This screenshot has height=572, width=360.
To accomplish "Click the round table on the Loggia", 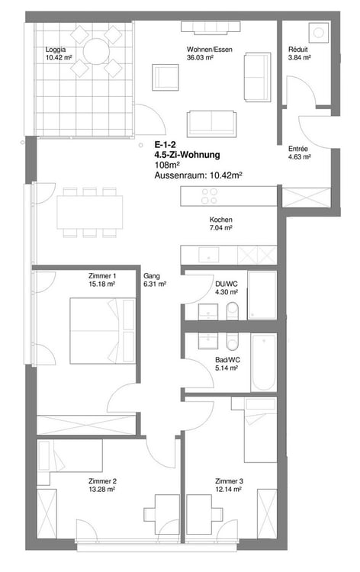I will (x=96, y=52).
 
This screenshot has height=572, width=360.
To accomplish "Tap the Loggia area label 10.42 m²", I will (x=59, y=57).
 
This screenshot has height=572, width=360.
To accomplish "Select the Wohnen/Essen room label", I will (x=204, y=49).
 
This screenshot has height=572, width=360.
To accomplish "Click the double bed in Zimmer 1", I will (x=97, y=331).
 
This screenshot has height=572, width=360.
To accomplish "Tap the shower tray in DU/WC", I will (x=262, y=295).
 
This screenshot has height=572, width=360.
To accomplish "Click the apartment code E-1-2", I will (x=165, y=144).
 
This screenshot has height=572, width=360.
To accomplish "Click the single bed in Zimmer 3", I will (x=259, y=430).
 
